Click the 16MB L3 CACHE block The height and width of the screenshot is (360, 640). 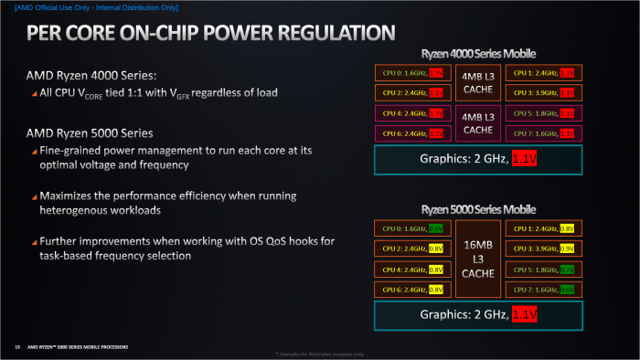[x=479, y=259]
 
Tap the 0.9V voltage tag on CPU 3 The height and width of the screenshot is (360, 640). [x=567, y=249]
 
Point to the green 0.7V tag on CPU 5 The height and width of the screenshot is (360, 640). [x=567, y=270]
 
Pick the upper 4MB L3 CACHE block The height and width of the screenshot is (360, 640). [x=479, y=82]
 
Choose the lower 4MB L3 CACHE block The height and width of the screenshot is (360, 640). [x=479, y=123]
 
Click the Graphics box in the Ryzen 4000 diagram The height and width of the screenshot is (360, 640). [x=479, y=160]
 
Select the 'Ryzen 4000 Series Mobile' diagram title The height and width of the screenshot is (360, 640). [x=478, y=53]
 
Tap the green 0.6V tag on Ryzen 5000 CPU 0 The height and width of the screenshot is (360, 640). [x=436, y=229]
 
